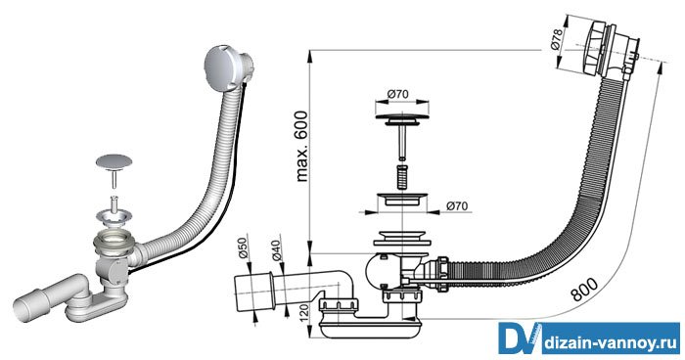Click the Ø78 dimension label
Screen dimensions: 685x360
556,39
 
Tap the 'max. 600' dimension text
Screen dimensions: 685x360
301,147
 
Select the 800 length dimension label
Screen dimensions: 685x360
585,290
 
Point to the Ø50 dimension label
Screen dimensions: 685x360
243,249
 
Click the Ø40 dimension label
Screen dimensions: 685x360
278,250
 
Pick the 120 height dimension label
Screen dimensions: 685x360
304,314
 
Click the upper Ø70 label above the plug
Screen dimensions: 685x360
397,94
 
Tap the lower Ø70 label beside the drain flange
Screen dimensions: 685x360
457,205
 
